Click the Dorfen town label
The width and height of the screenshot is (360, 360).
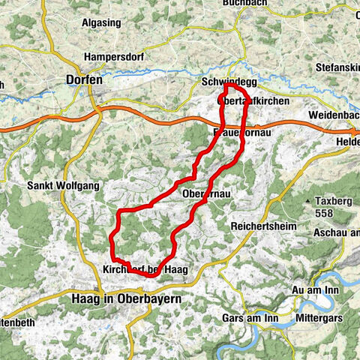tap(83, 78)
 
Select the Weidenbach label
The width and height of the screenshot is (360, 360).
tap(334, 115)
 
